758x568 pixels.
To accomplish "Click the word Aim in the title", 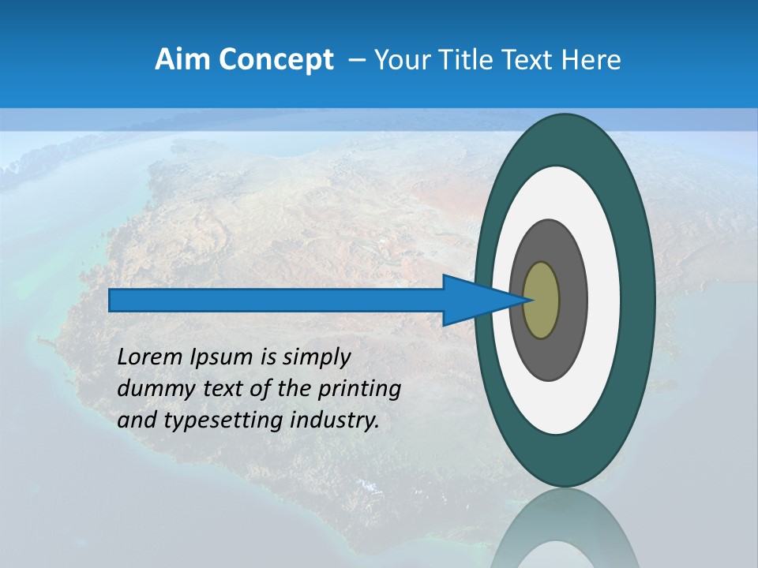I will (182, 60).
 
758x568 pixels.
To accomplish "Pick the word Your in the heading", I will (400, 60).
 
